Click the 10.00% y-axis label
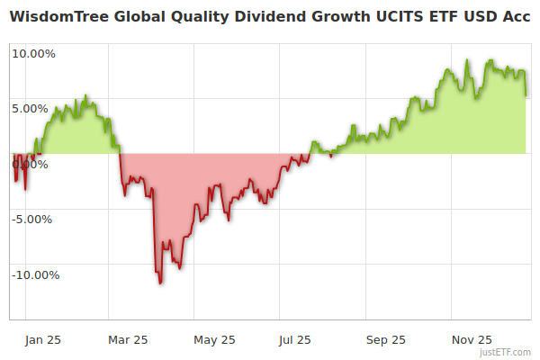[33, 53]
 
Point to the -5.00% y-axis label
[33, 219]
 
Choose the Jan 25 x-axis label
[41, 340]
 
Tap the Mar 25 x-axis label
[127, 340]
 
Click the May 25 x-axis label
[214, 340]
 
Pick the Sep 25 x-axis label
[386, 340]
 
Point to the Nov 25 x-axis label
[472, 340]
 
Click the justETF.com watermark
[505, 353]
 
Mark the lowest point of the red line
[160, 283]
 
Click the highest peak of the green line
[467, 60]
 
